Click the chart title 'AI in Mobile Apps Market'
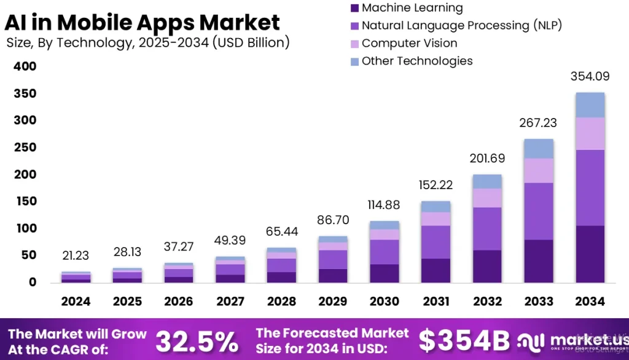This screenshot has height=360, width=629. (x=143, y=23)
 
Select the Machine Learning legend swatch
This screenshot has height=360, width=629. (x=354, y=9)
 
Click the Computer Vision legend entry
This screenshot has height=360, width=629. (x=409, y=44)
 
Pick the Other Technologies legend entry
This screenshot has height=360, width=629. (x=416, y=61)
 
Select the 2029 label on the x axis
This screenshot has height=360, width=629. (x=333, y=302)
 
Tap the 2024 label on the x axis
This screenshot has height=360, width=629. (x=76, y=302)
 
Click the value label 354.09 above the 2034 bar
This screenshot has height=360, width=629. (x=590, y=76)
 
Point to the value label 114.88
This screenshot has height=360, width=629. (x=385, y=205)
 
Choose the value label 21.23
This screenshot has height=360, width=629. (x=76, y=256)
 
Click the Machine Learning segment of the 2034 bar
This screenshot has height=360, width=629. (x=590, y=254)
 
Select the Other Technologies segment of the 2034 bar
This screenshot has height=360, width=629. (x=590, y=105)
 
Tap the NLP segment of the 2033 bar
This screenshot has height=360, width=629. (x=538, y=211)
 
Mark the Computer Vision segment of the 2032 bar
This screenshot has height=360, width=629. (x=487, y=198)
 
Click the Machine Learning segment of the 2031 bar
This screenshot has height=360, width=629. (x=436, y=270)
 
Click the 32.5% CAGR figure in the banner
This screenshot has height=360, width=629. (x=197, y=342)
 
